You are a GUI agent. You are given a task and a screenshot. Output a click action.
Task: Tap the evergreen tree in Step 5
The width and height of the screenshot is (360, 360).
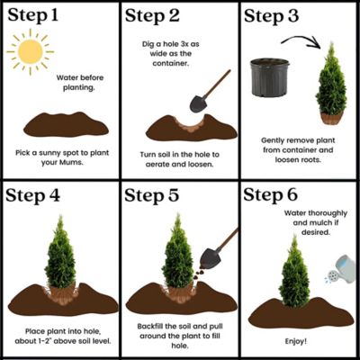(178, 256)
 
